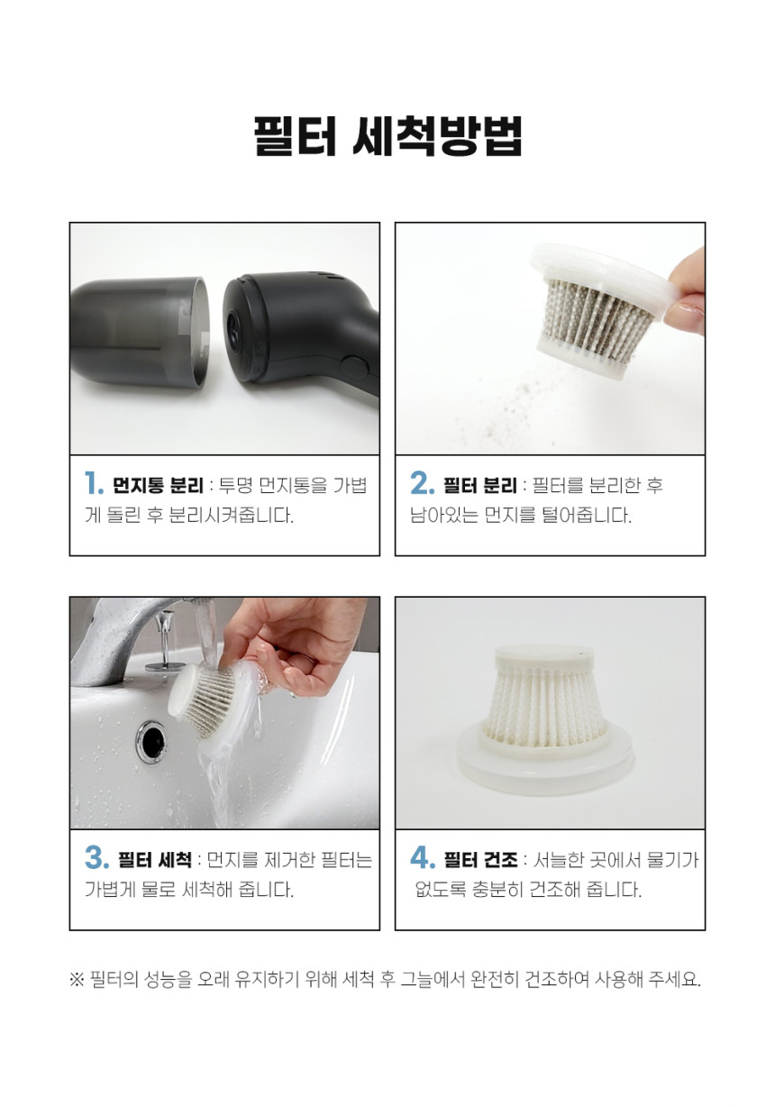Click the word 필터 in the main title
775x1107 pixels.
click(x=295, y=137)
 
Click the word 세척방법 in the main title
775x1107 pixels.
click(x=438, y=137)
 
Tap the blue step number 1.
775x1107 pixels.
click(x=94, y=483)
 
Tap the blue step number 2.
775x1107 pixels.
click(x=423, y=483)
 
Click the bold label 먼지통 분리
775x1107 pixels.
click(x=158, y=485)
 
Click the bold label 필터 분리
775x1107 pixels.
click(x=479, y=485)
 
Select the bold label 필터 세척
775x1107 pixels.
click(x=155, y=860)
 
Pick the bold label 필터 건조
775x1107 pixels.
click(x=480, y=860)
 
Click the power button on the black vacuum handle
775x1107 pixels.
click(x=355, y=369)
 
